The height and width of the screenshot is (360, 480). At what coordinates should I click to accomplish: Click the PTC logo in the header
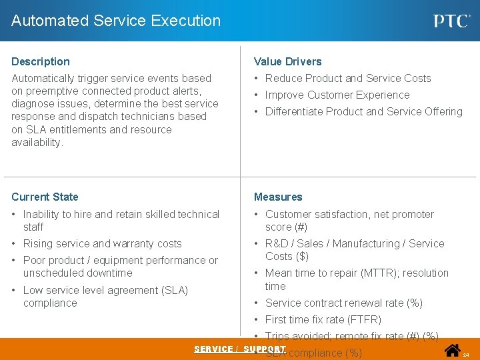click(452, 21)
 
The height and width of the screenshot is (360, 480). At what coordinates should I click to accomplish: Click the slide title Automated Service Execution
click(116, 21)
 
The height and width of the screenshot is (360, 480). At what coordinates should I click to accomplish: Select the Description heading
click(41, 61)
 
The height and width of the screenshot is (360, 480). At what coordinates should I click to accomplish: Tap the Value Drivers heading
click(287, 61)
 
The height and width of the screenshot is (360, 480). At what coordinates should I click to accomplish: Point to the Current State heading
click(45, 197)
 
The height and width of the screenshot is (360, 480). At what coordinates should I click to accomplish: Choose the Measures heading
click(278, 197)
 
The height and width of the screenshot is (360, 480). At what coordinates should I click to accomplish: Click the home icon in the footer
click(453, 350)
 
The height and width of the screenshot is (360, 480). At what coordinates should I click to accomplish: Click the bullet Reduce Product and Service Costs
click(347, 78)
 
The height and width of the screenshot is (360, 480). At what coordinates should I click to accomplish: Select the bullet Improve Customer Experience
click(337, 95)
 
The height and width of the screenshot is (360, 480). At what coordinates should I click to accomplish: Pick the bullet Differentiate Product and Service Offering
click(363, 111)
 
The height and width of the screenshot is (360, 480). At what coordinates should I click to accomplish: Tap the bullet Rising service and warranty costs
click(102, 243)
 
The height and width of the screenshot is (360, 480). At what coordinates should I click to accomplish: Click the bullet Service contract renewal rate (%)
click(343, 303)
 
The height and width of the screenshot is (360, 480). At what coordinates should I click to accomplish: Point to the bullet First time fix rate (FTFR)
click(323, 319)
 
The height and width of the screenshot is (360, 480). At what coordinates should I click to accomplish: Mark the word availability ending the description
click(37, 142)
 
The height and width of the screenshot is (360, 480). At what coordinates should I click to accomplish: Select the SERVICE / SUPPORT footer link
click(240, 349)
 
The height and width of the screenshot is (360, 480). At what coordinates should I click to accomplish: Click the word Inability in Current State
click(41, 214)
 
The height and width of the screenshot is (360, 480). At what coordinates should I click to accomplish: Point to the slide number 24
click(466, 355)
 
